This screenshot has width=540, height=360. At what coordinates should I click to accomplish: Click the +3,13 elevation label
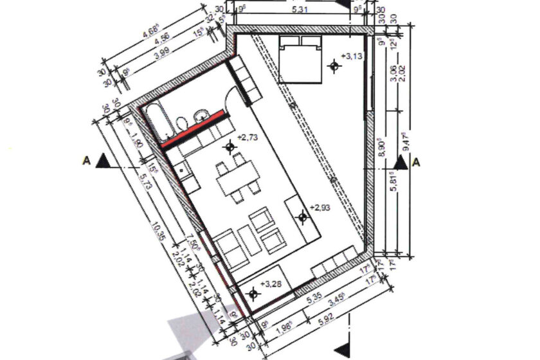click(354, 56)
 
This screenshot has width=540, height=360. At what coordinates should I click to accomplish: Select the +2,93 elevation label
click(319, 208)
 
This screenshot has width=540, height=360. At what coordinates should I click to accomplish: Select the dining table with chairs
click(238, 178)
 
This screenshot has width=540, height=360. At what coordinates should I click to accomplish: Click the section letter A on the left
click(85, 160)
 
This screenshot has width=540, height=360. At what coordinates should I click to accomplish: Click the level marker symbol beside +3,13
click(334, 65)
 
